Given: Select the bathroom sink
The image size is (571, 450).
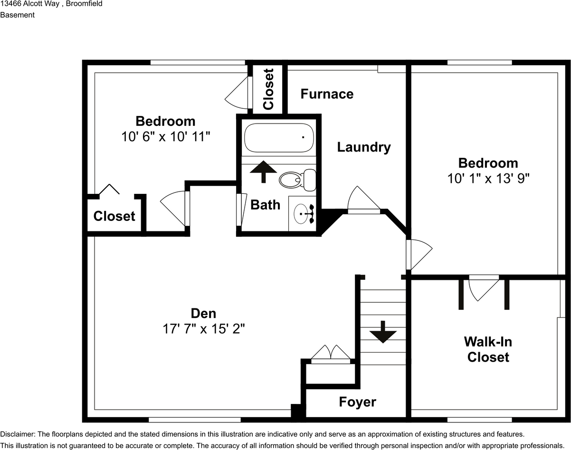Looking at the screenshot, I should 303,214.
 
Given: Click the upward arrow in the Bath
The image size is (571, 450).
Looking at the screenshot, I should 263,171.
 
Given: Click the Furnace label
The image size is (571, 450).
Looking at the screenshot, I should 327,94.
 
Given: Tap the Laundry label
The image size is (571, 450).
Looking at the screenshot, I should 364,147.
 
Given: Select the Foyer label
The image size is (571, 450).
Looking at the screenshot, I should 357,402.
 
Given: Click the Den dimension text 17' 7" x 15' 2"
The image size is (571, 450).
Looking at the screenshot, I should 203,329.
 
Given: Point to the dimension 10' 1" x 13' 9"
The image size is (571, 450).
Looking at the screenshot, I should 488,178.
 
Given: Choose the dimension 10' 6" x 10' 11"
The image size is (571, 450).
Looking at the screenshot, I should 165,137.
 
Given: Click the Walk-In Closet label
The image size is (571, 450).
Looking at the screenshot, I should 488,349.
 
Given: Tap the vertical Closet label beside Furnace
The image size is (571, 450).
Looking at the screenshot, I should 268,89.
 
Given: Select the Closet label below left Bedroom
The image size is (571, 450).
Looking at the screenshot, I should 114,216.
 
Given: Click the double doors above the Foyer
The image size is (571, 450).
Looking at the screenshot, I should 331,354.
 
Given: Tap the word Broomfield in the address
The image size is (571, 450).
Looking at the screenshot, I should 84,4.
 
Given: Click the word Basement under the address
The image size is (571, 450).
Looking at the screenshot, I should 17,15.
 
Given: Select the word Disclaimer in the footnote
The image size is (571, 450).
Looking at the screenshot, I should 17,434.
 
